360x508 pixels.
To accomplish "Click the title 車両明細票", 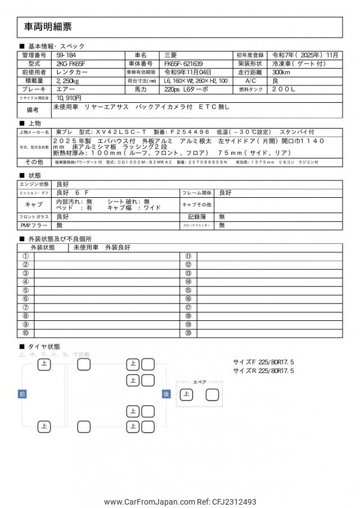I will point(48,26).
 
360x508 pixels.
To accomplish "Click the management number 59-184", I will point(66,55).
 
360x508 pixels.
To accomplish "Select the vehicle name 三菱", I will point(170,55).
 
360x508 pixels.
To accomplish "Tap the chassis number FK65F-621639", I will point(184,64).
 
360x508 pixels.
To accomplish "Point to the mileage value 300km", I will point(282,72).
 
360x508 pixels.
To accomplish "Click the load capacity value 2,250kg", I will point(68,81).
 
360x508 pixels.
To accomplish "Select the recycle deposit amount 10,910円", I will point(70,98).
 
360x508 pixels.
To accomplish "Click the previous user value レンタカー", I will point(71,72).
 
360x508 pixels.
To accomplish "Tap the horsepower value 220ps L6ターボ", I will point(186,89).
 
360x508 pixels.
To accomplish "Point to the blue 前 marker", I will point(22,394).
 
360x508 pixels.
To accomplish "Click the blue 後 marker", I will point(166,394).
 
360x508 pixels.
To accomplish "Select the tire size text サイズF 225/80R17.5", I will point(263,362).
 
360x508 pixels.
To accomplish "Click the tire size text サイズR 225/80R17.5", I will point(263,371).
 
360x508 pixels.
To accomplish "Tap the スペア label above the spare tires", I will point(200,382).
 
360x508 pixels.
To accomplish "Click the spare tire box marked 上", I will point(186,394).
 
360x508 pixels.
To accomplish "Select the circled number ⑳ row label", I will point(188,333).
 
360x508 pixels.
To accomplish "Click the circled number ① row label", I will point(25,256).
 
